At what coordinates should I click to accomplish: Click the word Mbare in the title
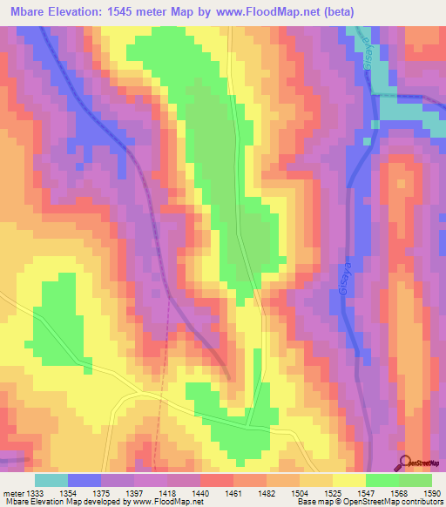pyautogui.click(x=26, y=12)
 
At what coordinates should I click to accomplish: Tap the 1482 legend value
pyautogui.click(x=267, y=492)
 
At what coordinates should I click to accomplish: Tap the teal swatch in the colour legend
pyautogui.click(x=51, y=480)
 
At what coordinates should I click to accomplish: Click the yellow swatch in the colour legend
pyautogui.click(x=348, y=480)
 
